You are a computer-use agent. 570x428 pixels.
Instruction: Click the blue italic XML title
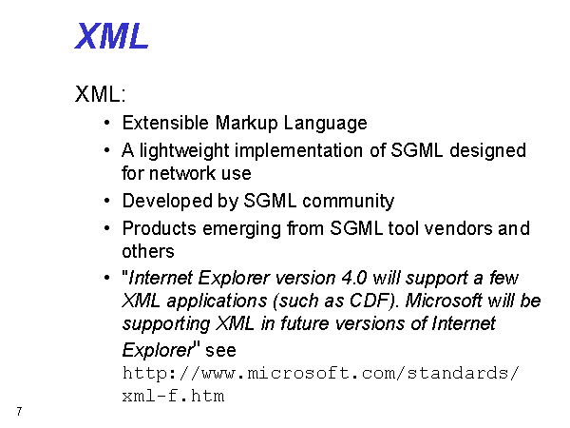coord(111,36)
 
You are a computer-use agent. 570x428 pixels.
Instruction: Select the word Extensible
coord(165,123)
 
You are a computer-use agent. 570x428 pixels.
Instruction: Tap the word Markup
coord(246,124)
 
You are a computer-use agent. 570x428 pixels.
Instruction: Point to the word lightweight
coord(184,151)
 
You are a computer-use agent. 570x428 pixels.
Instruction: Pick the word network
coord(182,173)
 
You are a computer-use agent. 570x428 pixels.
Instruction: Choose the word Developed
coord(167,201)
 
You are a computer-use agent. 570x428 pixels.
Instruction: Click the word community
coord(349,202)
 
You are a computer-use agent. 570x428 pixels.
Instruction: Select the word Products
coord(160,229)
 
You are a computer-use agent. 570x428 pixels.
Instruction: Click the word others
coord(148,251)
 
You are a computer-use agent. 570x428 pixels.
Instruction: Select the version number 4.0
coord(354,278)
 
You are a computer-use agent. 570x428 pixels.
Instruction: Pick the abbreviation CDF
coord(368,301)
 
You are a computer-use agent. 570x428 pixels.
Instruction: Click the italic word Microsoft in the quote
coord(444,301)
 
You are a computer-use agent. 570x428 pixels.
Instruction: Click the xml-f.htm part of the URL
coord(173,396)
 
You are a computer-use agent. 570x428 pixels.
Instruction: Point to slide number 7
coord(19,412)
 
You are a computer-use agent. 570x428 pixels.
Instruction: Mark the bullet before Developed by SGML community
coord(106,201)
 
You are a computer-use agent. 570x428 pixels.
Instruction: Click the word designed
coord(487,151)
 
